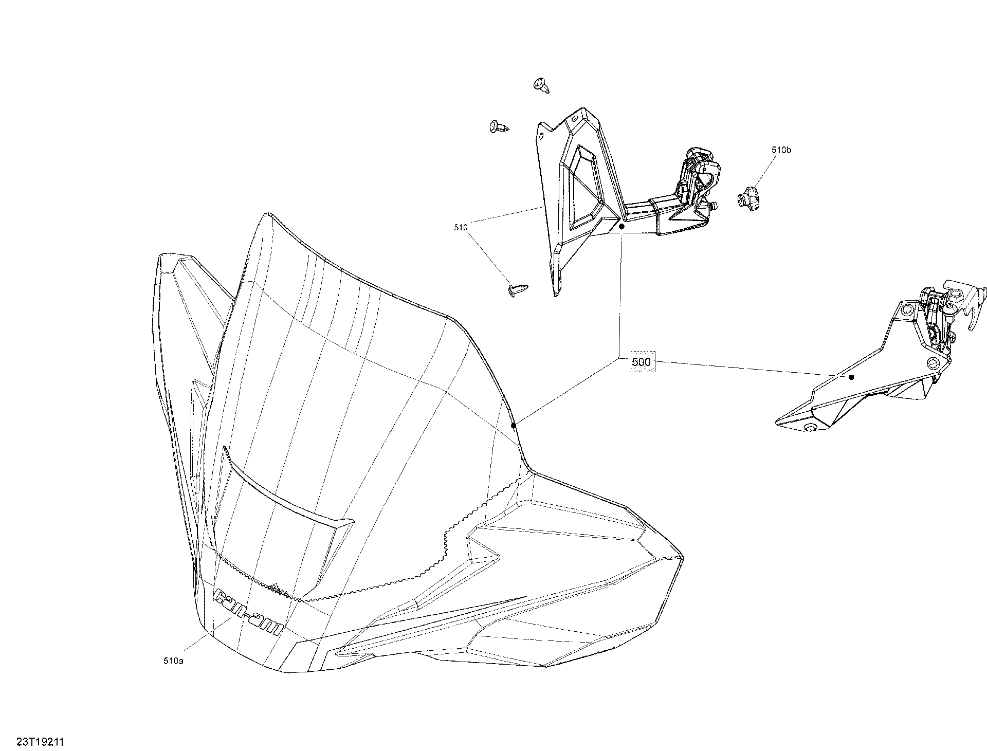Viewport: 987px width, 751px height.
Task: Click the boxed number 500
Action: pos(641,362)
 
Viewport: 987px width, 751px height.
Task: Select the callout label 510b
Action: pos(781,150)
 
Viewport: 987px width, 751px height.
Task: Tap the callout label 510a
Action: pos(173,661)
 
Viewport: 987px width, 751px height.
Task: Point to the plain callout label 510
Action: pos(461,227)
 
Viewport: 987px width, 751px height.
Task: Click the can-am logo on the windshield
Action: pos(248,611)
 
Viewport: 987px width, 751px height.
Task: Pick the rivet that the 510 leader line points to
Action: pos(517,289)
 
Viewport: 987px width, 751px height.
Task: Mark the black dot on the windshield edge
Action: pos(513,425)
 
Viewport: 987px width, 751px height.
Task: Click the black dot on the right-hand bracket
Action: pos(851,377)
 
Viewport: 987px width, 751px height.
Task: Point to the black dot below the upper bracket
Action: pos(622,226)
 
